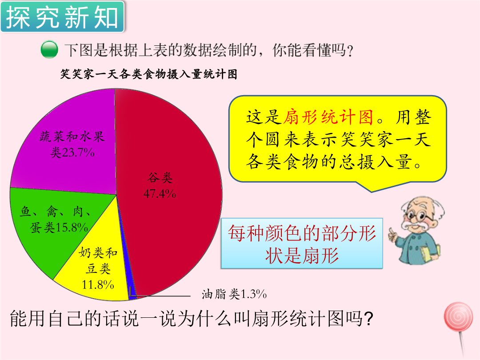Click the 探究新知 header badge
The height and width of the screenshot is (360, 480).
pyautogui.click(x=63, y=17)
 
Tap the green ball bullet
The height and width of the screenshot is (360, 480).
pyautogui.click(x=49, y=49)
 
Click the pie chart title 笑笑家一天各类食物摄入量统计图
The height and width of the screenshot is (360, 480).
pyautogui.click(x=149, y=74)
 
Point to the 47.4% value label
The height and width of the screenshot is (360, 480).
pyautogui.click(x=160, y=193)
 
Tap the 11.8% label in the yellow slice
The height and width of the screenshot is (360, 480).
pyautogui.click(x=98, y=285)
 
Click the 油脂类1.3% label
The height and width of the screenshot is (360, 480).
pyautogui.click(x=234, y=295)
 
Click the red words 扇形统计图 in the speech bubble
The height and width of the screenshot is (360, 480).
pyautogui.click(x=328, y=117)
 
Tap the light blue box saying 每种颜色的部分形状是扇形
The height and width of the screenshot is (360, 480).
pyautogui.click(x=302, y=244)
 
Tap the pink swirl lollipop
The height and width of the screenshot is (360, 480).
pyautogui.click(x=458, y=316)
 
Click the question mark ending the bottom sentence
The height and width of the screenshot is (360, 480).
pyautogui.click(x=368, y=319)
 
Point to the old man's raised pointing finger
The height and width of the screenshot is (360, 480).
pyautogui.click(x=392, y=234)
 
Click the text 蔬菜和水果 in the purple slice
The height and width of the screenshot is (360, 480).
pyautogui.click(x=72, y=137)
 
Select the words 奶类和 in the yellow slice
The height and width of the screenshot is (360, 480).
pyautogui.click(x=98, y=253)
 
